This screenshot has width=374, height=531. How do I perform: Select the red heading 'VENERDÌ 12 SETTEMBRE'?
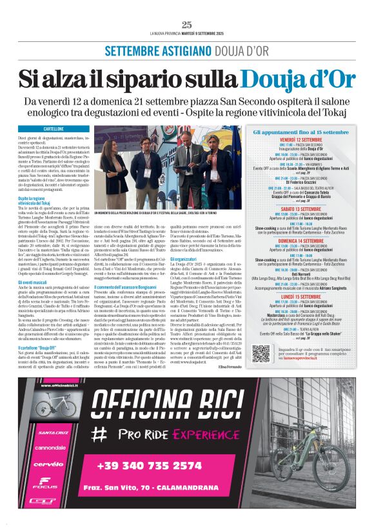click(x=297, y=139)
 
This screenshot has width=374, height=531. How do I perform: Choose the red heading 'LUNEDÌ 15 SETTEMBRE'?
click(x=297, y=296)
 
